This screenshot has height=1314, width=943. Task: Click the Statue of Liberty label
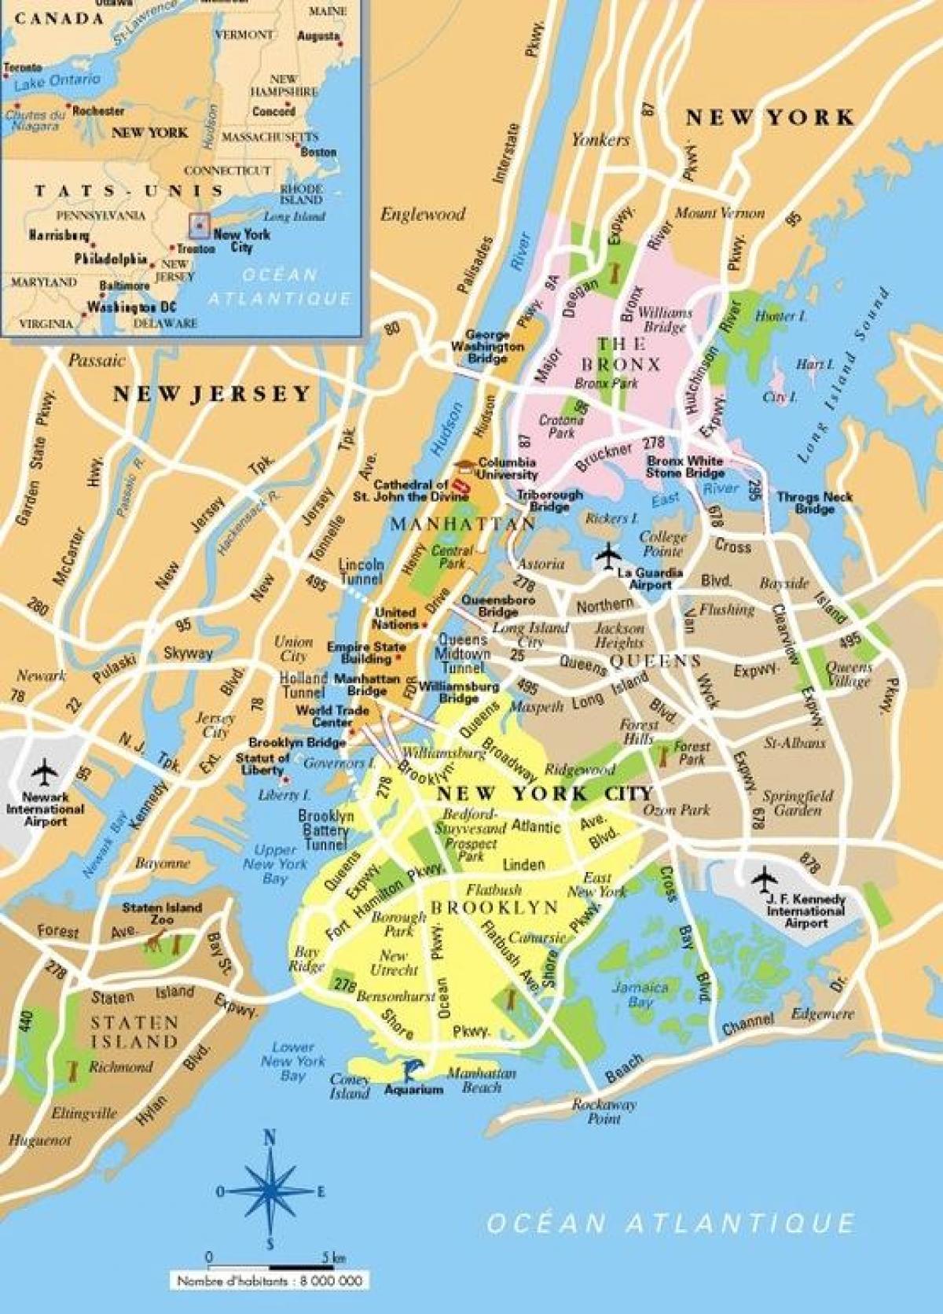point(264,763)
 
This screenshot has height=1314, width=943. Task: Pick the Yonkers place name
point(600,140)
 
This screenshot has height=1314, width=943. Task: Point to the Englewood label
point(423,214)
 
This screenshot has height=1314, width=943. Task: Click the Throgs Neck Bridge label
point(814,502)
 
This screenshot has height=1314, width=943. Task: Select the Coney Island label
point(350,1086)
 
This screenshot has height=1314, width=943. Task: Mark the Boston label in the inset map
point(318,152)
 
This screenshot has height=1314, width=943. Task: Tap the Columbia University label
point(507,469)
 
